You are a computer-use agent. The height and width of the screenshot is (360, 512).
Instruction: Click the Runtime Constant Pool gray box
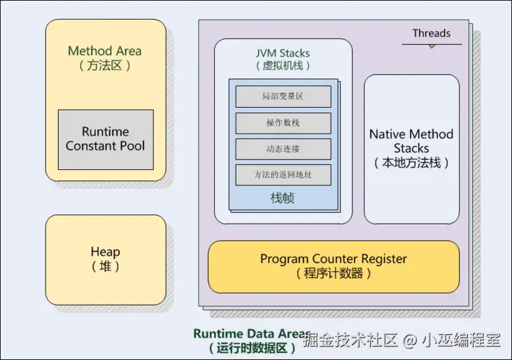[106, 139]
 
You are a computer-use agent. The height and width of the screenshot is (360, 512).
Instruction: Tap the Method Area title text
[105, 51]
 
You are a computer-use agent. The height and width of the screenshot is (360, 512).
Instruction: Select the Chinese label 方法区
[105, 66]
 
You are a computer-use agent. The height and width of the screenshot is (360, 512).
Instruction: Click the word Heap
[105, 252]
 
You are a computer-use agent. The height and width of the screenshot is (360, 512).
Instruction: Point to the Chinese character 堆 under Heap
[105, 266]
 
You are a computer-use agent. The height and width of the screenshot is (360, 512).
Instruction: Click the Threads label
[432, 33]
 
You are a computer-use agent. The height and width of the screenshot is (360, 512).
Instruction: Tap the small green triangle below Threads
[432, 46]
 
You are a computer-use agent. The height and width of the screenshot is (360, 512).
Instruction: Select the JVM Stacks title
[283, 53]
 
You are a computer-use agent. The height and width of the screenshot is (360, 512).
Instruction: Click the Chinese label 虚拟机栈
[283, 66]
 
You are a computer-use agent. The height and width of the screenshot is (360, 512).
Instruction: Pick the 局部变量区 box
[283, 96]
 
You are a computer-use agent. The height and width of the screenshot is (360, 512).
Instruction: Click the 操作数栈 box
[283, 123]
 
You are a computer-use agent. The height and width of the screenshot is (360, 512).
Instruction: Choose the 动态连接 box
[283, 149]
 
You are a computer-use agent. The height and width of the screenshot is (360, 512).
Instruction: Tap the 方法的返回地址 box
[283, 175]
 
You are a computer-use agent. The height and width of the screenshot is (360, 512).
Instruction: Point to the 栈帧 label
[283, 199]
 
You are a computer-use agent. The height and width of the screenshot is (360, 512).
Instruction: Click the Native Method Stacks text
[411, 141]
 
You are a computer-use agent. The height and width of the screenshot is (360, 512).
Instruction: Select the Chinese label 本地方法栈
[411, 164]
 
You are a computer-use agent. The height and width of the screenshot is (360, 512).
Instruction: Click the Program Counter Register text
[334, 259]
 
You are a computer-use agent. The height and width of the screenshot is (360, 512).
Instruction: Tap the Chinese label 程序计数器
[334, 273]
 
